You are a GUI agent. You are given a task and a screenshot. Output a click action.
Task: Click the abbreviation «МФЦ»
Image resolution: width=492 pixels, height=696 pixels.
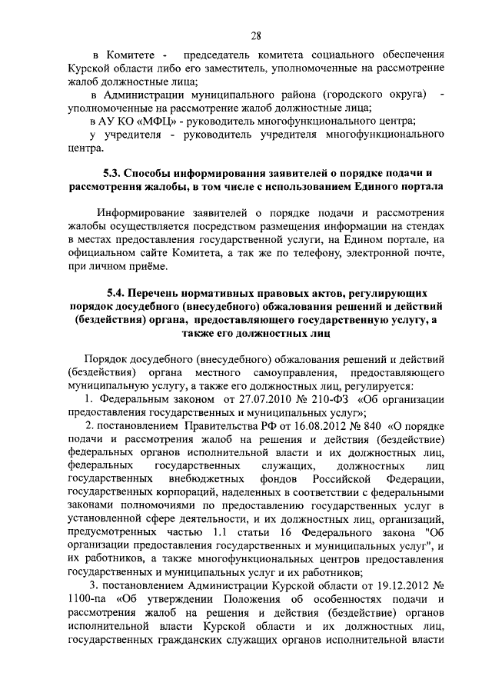(x=161, y=122)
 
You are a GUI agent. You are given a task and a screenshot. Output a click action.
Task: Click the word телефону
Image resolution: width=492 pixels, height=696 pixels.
(x=347, y=252)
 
